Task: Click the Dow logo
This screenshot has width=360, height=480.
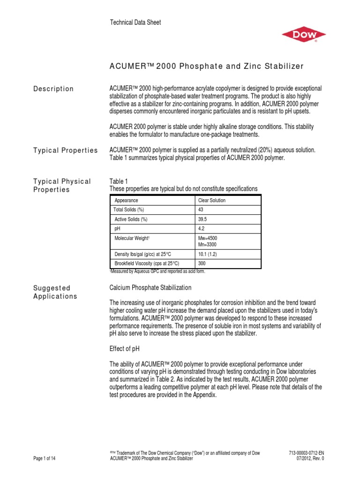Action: (x=303, y=35)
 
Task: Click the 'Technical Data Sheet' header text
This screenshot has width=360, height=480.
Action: (x=135, y=22)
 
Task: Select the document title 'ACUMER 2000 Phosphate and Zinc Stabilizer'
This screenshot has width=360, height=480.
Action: (x=206, y=66)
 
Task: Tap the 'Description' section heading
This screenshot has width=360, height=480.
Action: (x=53, y=89)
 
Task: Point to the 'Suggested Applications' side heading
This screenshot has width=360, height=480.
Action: (x=55, y=292)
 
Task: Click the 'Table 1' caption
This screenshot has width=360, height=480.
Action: (x=118, y=181)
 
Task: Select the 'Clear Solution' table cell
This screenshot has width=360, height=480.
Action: (x=212, y=200)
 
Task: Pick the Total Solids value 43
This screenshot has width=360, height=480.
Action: (x=201, y=209)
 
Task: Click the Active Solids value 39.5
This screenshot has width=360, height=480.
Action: (x=203, y=219)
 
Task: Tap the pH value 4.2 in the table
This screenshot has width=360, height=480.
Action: (x=202, y=229)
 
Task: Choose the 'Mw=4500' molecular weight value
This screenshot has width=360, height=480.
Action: (x=208, y=239)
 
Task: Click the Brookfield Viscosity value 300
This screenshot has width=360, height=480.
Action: (x=202, y=263)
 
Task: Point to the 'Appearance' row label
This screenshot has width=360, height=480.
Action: (x=126, y=200)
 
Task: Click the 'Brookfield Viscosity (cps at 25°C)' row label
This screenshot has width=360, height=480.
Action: (x=147, y=263)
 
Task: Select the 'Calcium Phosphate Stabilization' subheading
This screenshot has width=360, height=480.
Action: (x=150, y=287)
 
